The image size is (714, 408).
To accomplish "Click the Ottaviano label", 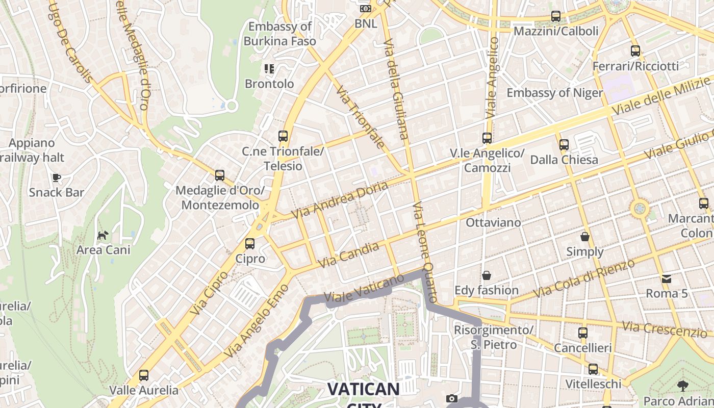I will (493, 222).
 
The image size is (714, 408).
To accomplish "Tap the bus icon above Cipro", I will (250, 244).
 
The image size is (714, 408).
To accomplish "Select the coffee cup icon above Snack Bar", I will (56, 177).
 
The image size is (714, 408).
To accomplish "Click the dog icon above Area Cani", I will (103, 235).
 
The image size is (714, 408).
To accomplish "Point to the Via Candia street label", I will (349, 255).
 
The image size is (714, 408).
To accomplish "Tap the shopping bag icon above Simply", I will (585, 237).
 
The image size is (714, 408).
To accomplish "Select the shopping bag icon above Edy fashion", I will (487, 275).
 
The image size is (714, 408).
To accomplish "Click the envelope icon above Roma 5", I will (667, 278).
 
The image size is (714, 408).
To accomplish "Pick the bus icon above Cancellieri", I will (583, 333).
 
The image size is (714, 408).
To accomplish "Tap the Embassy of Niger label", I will (554, 93).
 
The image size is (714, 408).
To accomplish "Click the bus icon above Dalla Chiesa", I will (564, 144).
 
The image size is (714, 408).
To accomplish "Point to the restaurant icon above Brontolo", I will (269, 68).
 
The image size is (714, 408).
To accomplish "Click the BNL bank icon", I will (365, 8).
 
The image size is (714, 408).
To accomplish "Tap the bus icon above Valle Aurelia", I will (144, 375).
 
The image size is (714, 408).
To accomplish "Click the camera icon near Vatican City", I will (451, 399).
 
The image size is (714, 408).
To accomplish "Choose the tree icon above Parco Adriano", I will (682, 386).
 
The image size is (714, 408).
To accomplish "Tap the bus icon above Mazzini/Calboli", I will (556, 16).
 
